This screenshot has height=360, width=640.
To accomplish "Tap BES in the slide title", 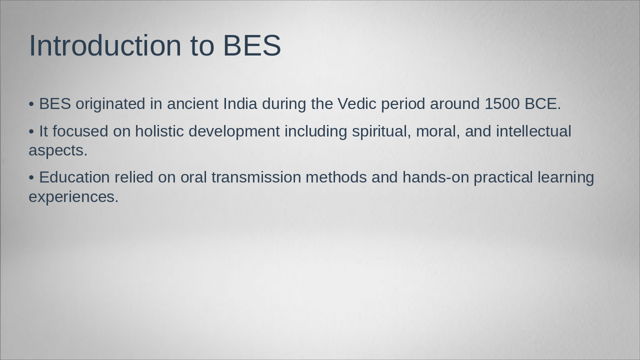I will click(251, 45).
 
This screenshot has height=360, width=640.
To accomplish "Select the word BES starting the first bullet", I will click(55, 104).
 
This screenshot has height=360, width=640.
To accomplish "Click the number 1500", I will click(502, 104).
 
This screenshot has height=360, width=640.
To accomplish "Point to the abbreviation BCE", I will click(542, 104).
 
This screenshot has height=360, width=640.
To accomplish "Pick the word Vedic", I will click(356, 104).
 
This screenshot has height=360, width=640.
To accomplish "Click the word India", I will click(240, 104).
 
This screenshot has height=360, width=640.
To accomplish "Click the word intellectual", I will click(533, 131).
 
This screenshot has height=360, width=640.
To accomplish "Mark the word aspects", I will click(57, 150).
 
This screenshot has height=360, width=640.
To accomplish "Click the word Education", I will click(74, 177).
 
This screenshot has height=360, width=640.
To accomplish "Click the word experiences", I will click(73, 197).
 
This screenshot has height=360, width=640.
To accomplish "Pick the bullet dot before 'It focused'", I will click(31, 131).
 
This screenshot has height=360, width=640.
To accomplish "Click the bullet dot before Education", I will click(31, 178).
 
